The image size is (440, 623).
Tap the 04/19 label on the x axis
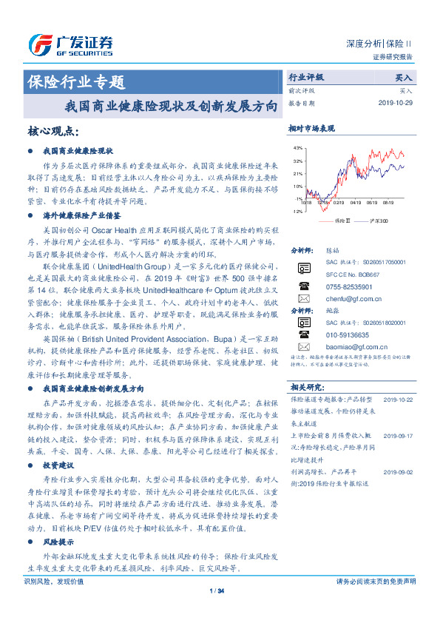click(356, 201)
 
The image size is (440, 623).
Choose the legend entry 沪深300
click(374, 221)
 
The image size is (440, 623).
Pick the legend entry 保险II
click(340, 221)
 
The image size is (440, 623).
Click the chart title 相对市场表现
click(311, 129)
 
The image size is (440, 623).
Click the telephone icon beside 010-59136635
click(303, 334)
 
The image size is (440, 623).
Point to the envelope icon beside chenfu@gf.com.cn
click(303, 300)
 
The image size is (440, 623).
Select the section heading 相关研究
click(306, 386)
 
